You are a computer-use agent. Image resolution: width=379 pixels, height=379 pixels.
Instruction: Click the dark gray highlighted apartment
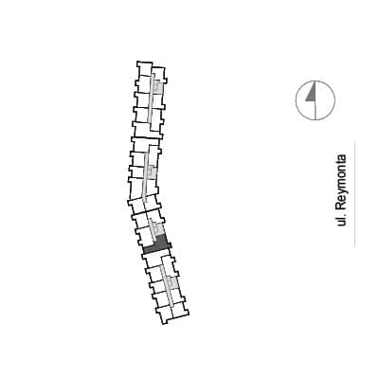[x=159, y=245]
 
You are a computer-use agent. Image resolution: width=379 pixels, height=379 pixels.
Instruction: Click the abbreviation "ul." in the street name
[x=341, y=220]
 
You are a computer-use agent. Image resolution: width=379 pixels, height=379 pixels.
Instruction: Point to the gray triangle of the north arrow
[x=311, y=94]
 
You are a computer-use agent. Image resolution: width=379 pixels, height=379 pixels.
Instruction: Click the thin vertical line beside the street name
[x=354, y=193]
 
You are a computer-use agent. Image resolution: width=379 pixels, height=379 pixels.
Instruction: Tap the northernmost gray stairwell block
[x=158, y=86]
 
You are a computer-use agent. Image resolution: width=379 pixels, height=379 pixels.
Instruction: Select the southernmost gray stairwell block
[x=172, y=282]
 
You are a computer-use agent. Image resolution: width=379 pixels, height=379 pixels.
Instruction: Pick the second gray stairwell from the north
[x=152, y=172]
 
